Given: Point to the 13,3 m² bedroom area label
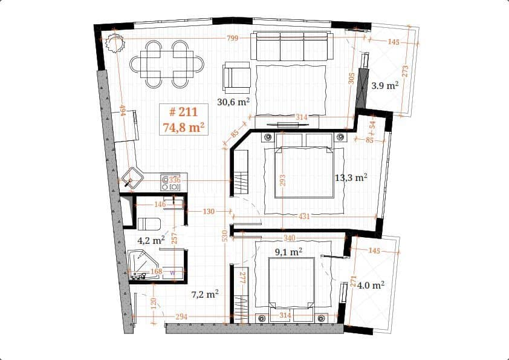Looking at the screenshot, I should (351, 178).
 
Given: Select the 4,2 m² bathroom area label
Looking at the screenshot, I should (151, 240).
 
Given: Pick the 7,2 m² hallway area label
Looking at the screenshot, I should (204, 295).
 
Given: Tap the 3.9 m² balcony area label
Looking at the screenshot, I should (384, 86).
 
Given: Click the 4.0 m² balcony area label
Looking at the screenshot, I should (371, 285).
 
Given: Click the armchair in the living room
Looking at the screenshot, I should (236, 77).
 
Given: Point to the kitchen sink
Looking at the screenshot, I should (132, 178).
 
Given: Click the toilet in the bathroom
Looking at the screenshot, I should (149, 224).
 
